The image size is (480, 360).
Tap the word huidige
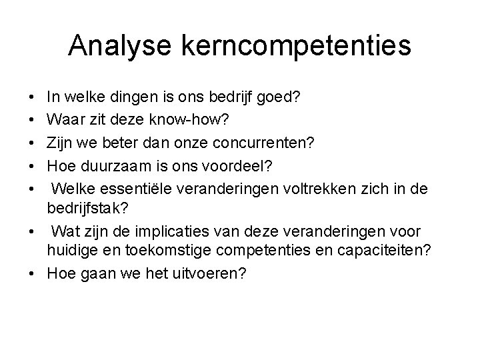click(69, 251)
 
